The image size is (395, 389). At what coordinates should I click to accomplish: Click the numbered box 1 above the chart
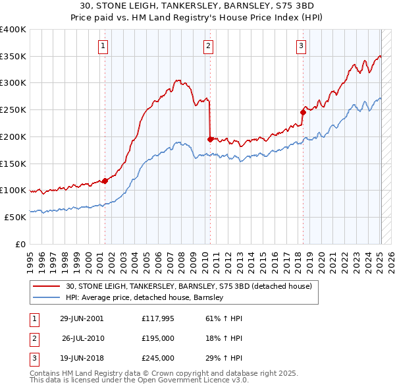pos(104,45)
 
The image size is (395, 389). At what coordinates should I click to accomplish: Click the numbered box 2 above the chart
pos(208,45)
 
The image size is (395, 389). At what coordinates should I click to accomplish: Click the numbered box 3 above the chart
pos(301,45)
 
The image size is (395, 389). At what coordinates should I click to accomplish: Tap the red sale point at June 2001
pos(105,181)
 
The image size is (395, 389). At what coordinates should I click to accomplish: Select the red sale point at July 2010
pos(210,139)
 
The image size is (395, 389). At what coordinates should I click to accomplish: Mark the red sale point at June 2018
pos(303,112)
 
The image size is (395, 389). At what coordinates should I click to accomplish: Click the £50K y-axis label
pos(14,217)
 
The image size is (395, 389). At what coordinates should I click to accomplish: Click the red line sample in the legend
pos(47,286)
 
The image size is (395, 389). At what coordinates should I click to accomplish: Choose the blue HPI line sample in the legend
pos(47,297)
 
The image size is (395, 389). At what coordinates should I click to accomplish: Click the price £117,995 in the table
pos(157,318)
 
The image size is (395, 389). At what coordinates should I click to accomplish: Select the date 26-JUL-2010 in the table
pos(82,338)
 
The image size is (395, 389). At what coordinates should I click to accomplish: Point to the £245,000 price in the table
pos(157,358)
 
